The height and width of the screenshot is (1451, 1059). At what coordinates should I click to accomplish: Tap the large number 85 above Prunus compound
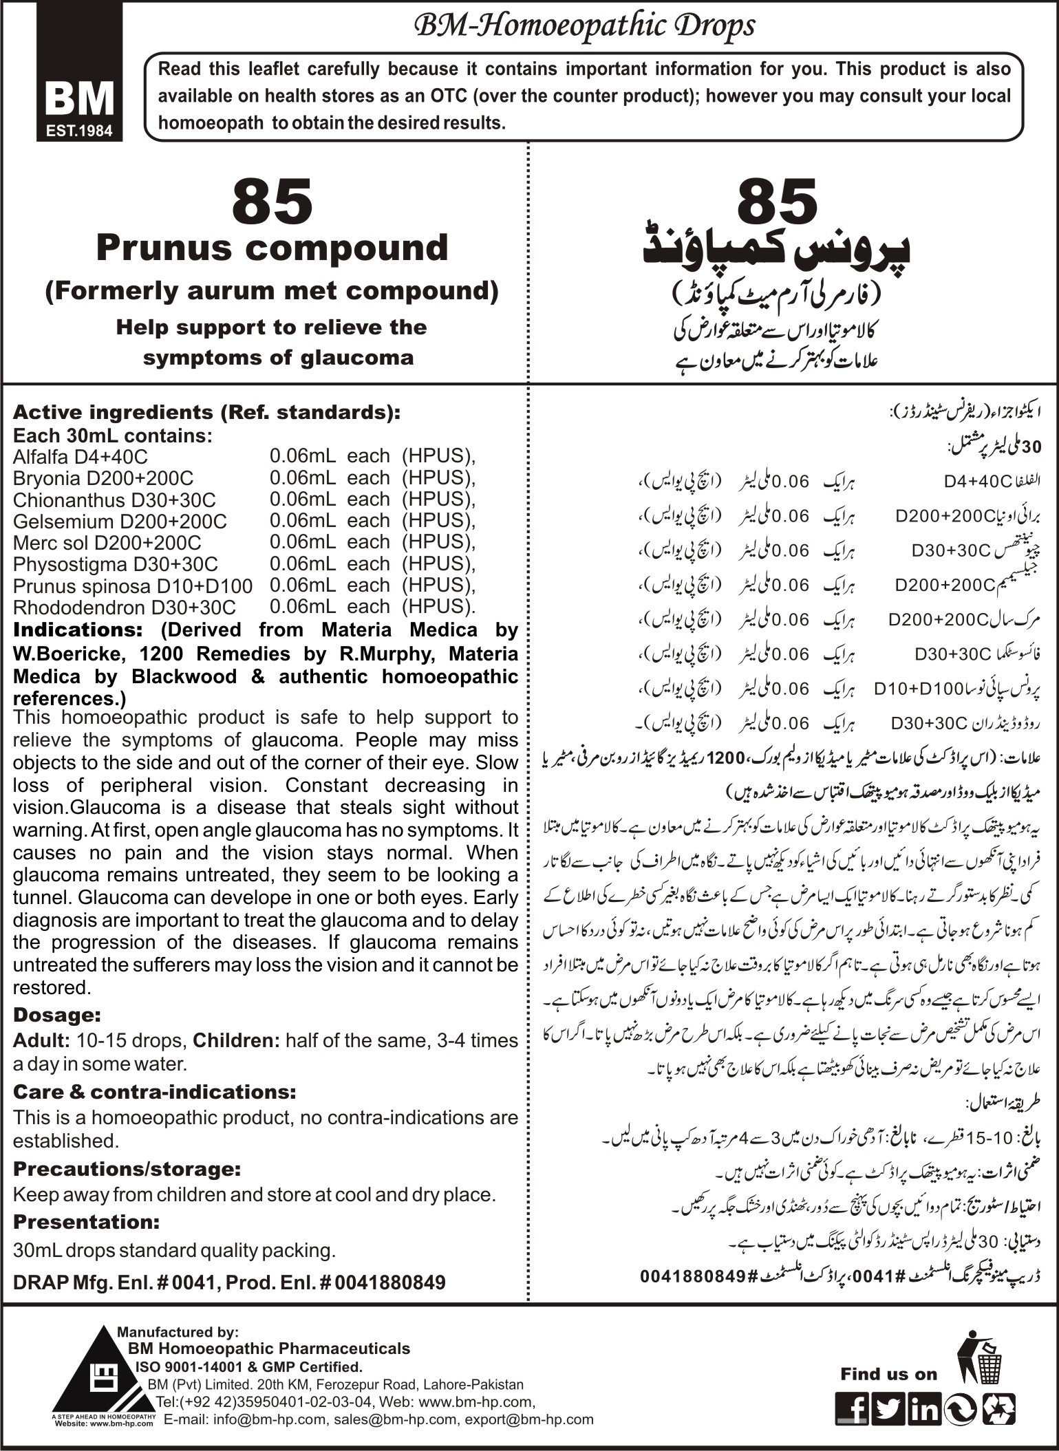click(x=272, y=201)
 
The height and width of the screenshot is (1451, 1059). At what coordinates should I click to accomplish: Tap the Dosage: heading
click(x=57, y=1015)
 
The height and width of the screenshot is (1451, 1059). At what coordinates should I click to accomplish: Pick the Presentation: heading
click(x=86, y=1222)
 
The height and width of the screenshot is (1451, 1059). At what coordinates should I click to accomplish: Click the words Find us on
click(x=888, y=1374)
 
